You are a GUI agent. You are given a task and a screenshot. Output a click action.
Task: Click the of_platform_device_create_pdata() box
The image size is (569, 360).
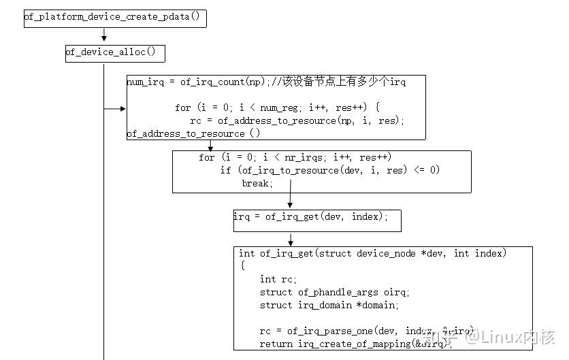114,17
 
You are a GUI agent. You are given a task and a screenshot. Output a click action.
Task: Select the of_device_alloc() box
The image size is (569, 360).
114,52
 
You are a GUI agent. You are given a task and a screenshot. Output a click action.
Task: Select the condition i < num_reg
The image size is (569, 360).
261,108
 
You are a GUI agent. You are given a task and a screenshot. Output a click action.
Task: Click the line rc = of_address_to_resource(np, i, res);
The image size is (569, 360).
297,120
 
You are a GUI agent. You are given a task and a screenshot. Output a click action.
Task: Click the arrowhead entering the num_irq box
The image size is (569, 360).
123,108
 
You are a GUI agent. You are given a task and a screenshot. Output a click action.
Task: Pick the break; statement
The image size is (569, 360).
257,183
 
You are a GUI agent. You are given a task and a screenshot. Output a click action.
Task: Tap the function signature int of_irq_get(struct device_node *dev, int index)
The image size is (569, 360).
372,253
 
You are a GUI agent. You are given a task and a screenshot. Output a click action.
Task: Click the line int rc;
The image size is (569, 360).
278,279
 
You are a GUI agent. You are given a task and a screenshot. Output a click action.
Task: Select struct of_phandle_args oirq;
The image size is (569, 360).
335,292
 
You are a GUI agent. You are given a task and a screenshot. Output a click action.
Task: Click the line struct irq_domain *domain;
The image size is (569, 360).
329,305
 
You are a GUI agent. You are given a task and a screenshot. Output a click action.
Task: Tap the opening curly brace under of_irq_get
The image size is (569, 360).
242,266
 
